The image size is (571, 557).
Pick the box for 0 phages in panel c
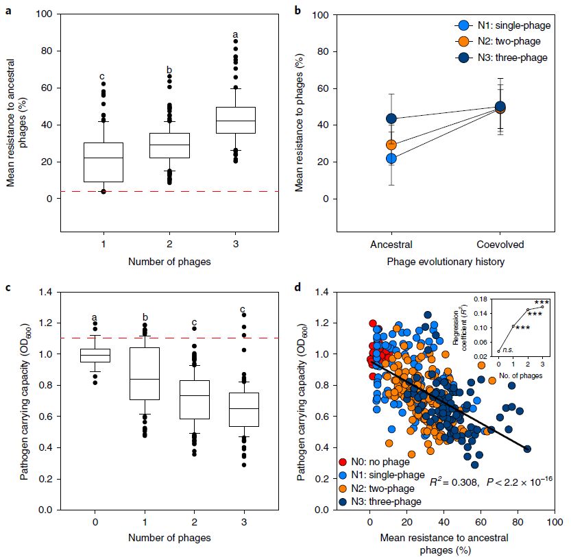point(95,355)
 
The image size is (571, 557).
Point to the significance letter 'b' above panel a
point(169,70)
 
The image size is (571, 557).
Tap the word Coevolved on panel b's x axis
point(500,244)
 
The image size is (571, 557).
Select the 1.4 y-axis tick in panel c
point(47,293)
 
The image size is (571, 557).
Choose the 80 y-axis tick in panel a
point(47,51)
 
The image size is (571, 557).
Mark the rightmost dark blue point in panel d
point(527,449)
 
